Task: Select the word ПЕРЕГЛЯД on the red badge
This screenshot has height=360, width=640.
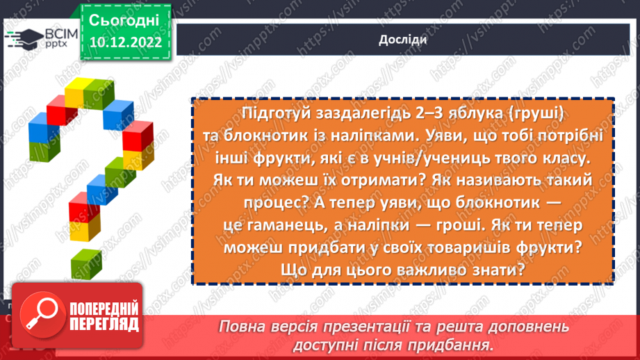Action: click(104, 325)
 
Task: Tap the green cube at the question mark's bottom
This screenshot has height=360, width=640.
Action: click(85, 262)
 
